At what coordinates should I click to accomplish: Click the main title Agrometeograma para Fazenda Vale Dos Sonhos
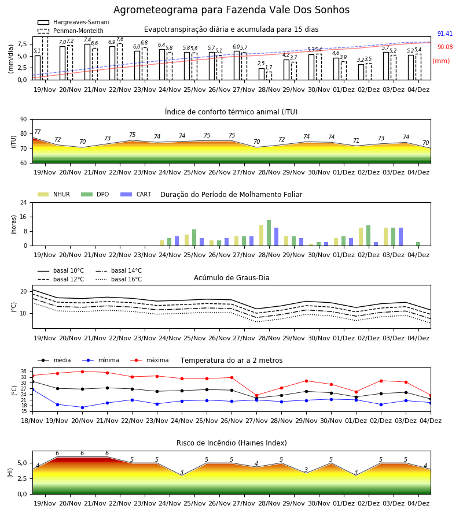pos(231,10)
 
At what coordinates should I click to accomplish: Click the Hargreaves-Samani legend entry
pos(74,22)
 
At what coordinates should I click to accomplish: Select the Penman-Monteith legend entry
pos(71,31)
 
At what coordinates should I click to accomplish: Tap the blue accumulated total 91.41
pos(444,34)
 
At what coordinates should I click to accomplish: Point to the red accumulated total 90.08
pos(444,47)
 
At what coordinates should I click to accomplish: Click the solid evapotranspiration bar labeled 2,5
pos(262,74)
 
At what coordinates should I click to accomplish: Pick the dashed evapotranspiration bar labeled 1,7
pos(269,76)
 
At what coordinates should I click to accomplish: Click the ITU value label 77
pos(38,132)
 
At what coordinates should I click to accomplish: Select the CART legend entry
pos(136,194)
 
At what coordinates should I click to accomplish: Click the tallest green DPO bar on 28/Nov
pos(269,233)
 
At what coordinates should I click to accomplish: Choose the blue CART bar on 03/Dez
pos(400,237)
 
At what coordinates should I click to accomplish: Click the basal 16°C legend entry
pos(119,279)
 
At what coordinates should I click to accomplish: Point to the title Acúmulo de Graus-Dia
pos(231,277)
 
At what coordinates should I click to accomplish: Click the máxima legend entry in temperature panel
pos(150,360)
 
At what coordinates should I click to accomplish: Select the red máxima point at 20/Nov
pos(82,372)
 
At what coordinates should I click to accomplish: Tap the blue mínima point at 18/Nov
pos(32,389)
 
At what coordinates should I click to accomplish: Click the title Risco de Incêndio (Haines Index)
pos(231,443)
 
